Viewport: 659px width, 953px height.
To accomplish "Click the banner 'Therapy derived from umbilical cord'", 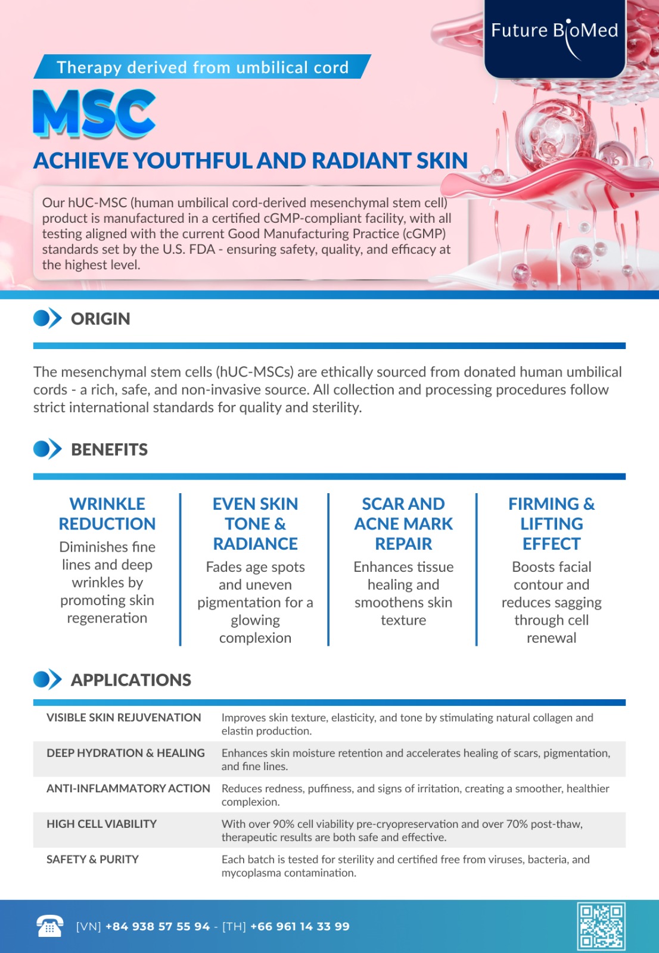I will click(x=203, y=67).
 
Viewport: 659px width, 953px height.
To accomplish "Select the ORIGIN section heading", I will click(x=100, y=319).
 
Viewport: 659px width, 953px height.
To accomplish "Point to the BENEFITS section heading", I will click(x=109, y=450).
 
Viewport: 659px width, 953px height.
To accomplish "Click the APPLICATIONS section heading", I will click(x=131, y=680).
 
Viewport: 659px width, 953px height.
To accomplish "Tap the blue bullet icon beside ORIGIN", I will click(x=47, y=319).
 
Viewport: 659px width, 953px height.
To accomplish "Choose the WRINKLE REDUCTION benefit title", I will click(x=107, y=514).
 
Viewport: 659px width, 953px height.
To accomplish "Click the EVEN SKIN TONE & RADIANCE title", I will click(x=255, y=524).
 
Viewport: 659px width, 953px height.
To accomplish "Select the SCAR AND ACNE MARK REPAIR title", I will click(x=403, y=524).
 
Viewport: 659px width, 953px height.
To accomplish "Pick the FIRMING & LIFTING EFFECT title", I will click(x=551, y=524).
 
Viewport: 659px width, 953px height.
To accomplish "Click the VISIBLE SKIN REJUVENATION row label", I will click(x=124, y=718).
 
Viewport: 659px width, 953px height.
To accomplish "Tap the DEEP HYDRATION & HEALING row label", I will click(x=126, y=753).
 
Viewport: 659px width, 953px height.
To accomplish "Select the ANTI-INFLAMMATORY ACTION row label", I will click(x=128, y=789).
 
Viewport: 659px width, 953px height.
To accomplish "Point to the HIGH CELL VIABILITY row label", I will click(x=102, y=824).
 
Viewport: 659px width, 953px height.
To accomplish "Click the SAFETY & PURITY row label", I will click(x=93, y=859).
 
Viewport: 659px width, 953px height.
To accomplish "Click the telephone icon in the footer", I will click(x=49, y=926).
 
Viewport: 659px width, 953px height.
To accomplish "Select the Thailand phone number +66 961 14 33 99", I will click(x=300, y=927).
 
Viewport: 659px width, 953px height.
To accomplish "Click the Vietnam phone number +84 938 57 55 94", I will click(x=158, y=927).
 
